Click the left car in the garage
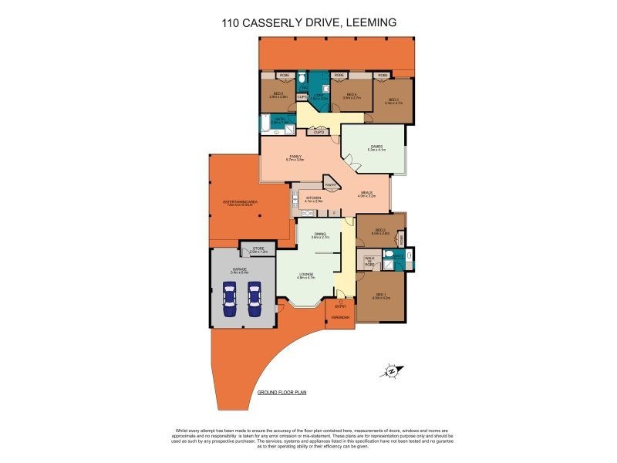tap(229, 301)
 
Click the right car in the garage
tap(255, 301)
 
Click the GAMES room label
tap(376, 147)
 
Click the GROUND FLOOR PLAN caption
tap(282, 393)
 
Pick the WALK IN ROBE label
tap(369, 262)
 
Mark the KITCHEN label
tap(313, 199)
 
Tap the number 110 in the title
tap(231, 23)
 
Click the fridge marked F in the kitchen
tap(334, 212)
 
